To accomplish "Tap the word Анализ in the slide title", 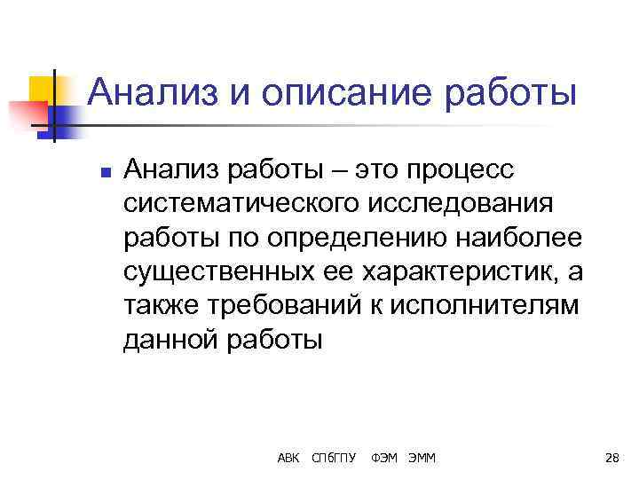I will (150, 93).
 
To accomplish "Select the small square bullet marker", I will (105, 174).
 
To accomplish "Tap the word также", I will (162, 304).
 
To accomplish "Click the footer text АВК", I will (288, 458).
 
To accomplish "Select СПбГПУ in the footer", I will (335, 458).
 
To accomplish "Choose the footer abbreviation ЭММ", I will (428, 458).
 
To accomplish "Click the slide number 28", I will (611, 458).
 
